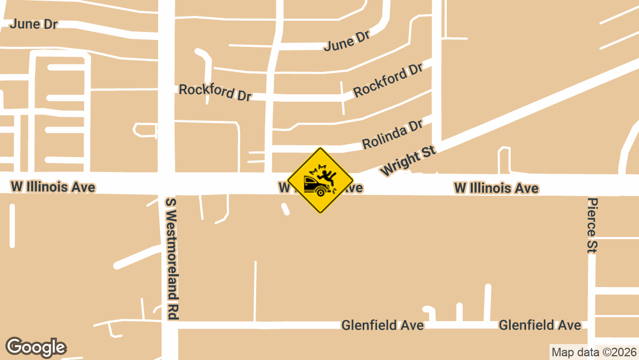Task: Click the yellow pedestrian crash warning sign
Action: (321, 180)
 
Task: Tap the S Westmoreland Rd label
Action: (171, 259)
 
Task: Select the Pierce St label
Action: (593, 224)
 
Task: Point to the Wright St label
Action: (408, 162)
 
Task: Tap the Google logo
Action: (36, 347)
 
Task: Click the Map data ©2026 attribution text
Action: (594, 352)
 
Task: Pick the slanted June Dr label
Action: (347, 41)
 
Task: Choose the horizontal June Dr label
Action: (34, 24)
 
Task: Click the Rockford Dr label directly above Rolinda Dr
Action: (388, 80)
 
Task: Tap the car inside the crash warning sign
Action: (314, 186)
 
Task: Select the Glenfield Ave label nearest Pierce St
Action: (539, 325)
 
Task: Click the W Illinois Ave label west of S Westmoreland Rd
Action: (53, 187)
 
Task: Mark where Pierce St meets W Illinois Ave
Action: (592, 185)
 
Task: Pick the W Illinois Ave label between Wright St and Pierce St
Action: (496, 188)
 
